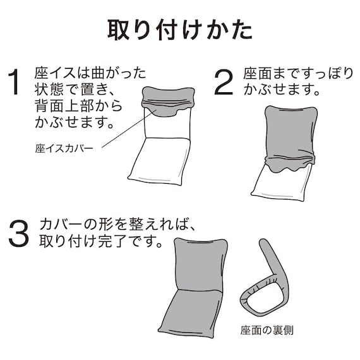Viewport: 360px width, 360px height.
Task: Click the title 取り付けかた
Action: [180, 29]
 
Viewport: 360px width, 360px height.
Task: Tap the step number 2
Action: [225, 82]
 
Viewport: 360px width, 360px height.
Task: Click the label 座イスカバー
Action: [64, 150]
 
